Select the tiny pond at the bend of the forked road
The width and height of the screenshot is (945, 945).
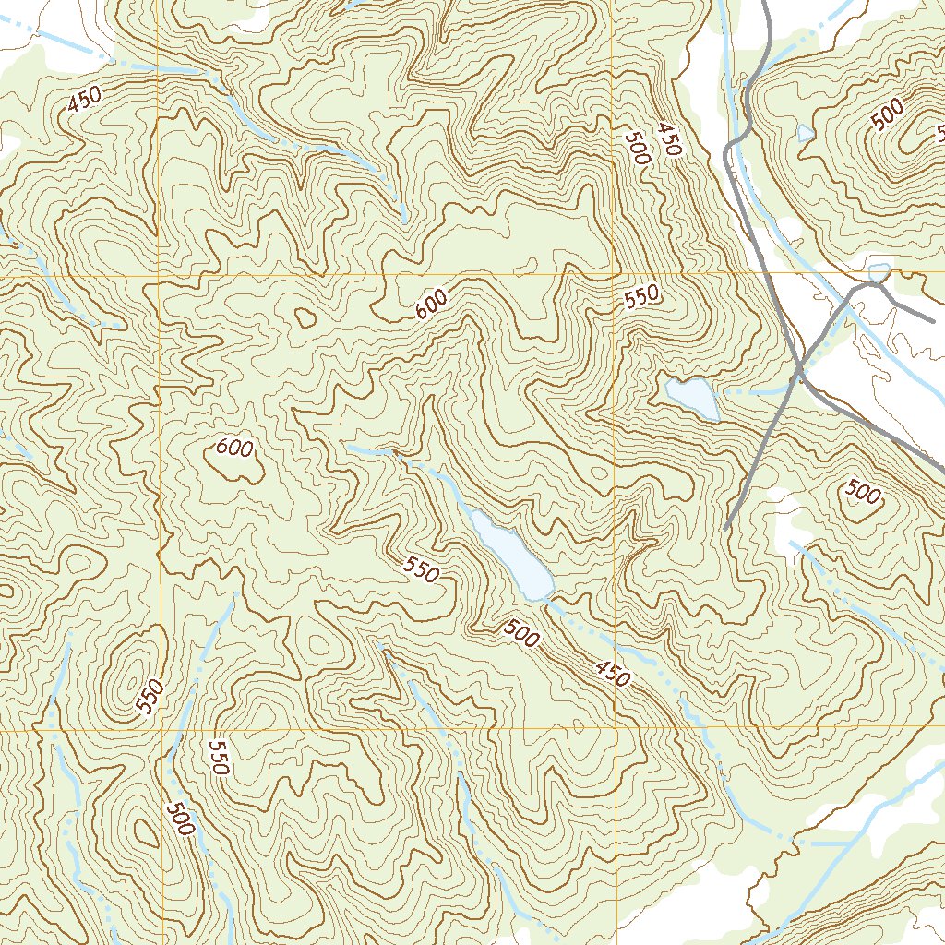(879, 272)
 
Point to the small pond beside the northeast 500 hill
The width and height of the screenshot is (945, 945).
(806, 133)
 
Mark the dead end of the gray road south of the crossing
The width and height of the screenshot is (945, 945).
(725, 528)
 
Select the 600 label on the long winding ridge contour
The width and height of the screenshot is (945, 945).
(431, 304)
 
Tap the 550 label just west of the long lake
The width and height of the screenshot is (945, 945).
(422, 570)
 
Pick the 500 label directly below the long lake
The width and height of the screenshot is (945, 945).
(521, 634)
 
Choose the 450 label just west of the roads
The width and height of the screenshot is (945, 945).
(668, 138)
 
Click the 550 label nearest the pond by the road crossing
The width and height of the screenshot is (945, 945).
(641, 296)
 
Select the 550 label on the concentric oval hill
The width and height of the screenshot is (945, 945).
(150, 697)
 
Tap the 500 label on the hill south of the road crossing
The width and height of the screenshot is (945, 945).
(863, 494)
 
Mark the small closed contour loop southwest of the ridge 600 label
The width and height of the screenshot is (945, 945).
(304, 317)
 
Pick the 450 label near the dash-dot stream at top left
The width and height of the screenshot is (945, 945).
(84, 100)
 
